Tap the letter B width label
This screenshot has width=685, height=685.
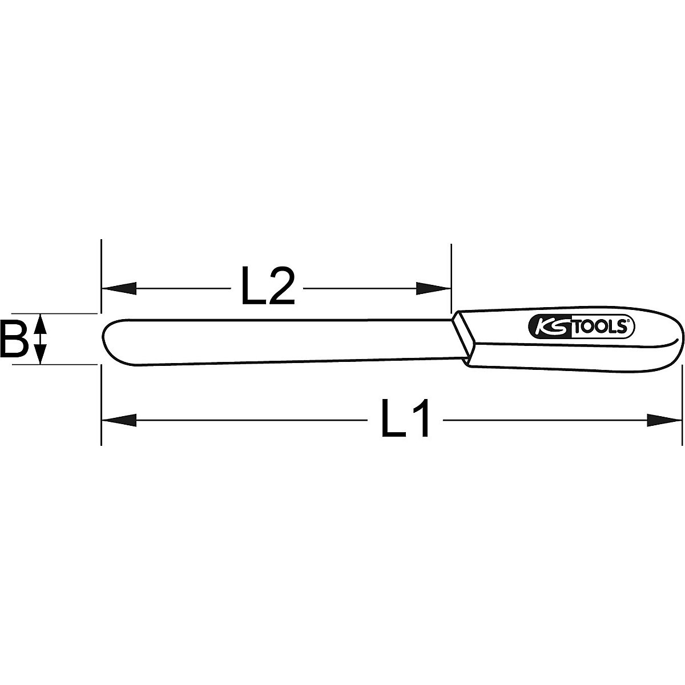14,339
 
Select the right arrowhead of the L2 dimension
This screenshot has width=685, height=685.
433,288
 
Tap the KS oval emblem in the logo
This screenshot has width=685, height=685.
549,327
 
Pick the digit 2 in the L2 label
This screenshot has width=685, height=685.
283,288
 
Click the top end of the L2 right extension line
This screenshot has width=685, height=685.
451,245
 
